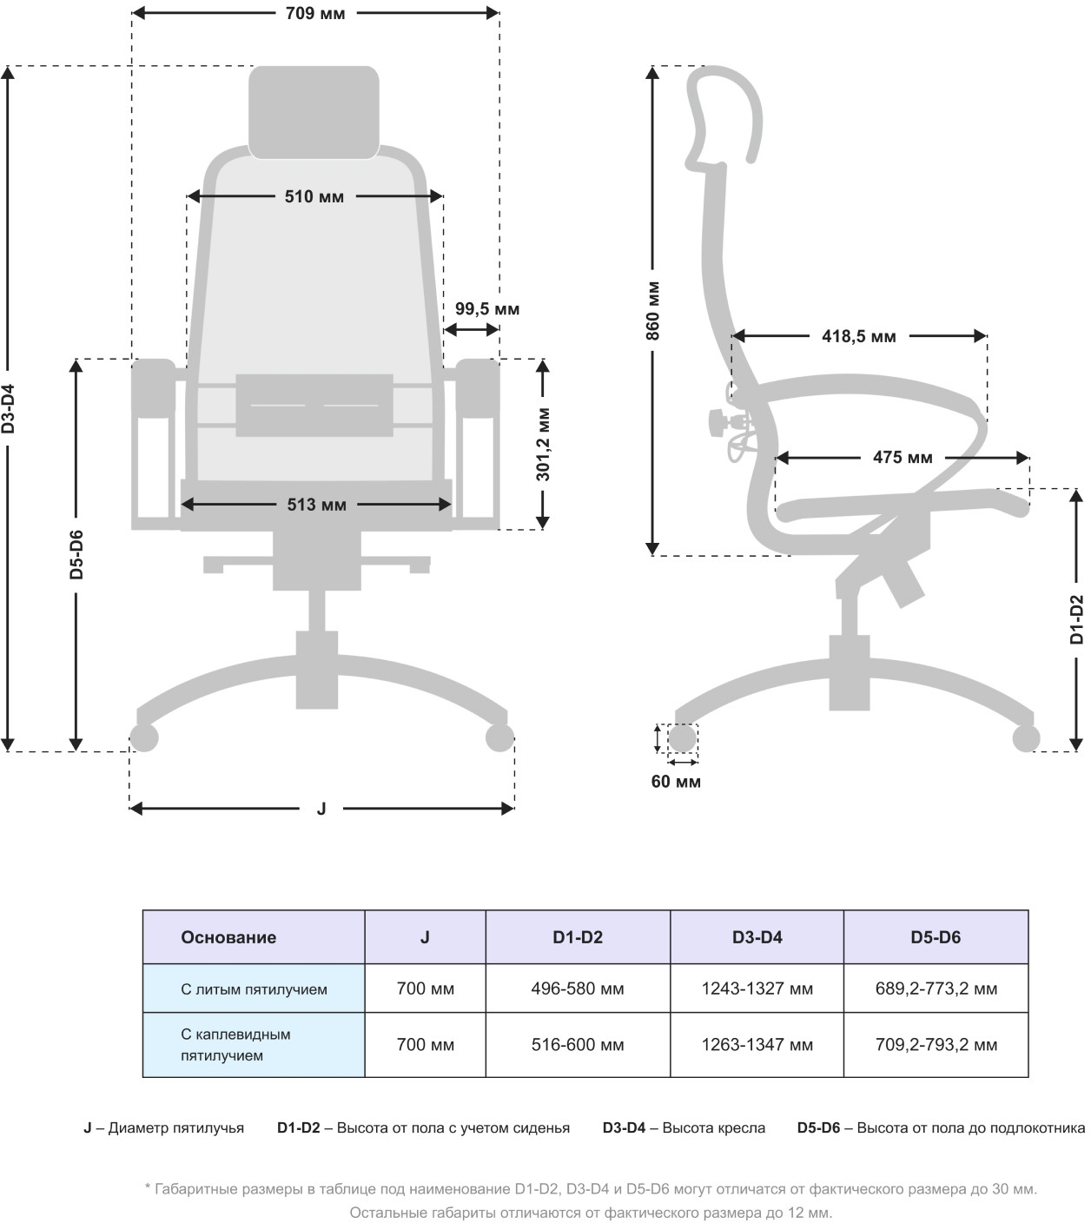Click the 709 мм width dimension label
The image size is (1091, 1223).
coord(314,14)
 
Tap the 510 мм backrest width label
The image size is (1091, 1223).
coord(314,197)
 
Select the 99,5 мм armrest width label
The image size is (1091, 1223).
coord(487,309)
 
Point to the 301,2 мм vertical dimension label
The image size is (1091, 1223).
coord(544,444)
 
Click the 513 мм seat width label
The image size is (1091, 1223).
coord(316,505)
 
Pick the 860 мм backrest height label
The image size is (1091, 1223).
coord(653,310)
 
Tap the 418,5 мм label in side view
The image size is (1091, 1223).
coord(858,336)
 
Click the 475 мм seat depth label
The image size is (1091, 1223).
coord(903,458)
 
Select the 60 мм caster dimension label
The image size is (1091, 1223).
coord(676,782)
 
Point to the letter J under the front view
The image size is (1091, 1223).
coord(321,810)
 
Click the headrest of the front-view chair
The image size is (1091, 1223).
coord(314,112)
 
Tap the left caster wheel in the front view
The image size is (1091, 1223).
coord(145,738)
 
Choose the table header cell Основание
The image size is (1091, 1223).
coord(228,937)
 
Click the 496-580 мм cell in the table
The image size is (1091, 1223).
coord(578,988)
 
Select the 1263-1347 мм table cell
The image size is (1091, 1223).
coord(757,1045)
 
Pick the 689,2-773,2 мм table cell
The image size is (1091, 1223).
coord(936,988)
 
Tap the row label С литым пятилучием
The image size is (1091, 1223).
coord(254,989)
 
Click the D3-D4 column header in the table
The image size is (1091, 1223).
coord(757,937)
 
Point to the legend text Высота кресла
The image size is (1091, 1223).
coord(713,1128)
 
